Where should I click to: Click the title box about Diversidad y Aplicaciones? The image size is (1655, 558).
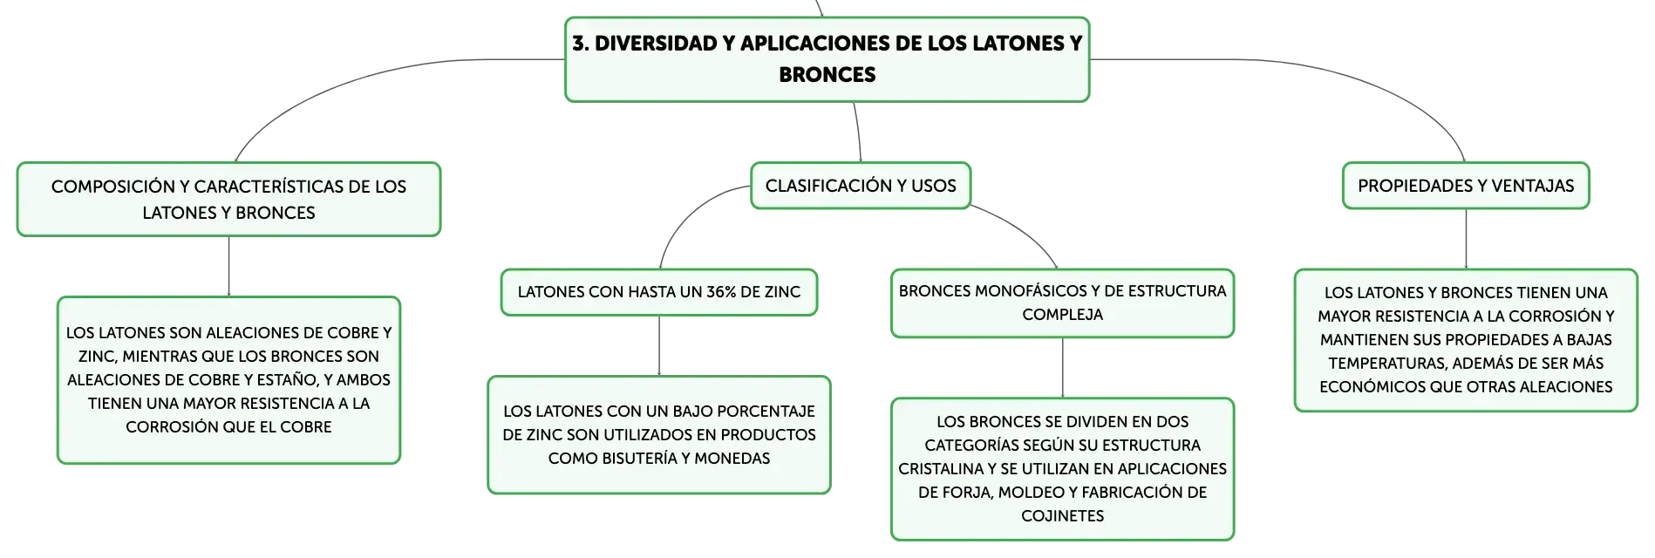tap(827, 59)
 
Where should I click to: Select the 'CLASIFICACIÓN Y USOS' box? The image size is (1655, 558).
tap(861, 186)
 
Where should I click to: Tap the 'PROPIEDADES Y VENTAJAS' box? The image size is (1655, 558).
tap(1466, 186)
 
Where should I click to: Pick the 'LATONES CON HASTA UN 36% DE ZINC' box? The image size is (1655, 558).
tap(659, 292)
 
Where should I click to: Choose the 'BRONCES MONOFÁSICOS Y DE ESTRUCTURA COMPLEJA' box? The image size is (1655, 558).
tap(1062, 303)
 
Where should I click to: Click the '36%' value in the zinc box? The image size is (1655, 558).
tap(721, 292)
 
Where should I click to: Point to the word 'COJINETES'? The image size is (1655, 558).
tap(1062, 516)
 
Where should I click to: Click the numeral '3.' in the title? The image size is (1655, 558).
tap(581, 44)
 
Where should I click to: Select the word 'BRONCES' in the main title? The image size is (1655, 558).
tap(827, 75)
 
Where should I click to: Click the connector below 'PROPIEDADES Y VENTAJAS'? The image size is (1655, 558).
tap(1466, 239)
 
